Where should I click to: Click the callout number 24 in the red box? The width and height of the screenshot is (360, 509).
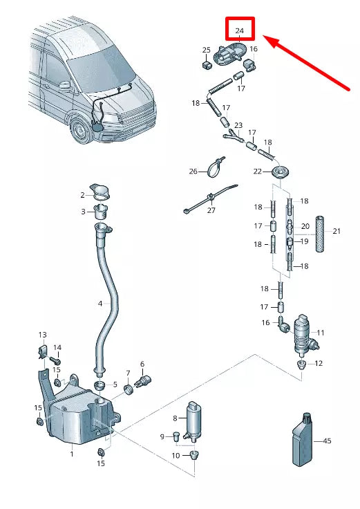240,31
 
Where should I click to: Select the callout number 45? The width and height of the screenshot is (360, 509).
327,440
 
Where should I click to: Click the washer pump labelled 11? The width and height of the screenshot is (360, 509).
302,334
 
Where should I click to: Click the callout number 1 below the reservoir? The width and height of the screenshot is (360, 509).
71,454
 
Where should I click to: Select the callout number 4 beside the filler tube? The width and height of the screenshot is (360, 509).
100,303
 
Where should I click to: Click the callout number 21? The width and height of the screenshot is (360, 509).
337,231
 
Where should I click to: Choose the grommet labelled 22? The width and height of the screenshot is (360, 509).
281,173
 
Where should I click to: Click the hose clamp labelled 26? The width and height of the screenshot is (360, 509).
217,166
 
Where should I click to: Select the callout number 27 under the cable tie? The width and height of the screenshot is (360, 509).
211,210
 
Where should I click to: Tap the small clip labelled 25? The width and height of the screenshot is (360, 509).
207,65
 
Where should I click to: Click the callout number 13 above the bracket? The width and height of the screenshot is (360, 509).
42,335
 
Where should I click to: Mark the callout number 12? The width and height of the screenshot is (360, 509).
319,363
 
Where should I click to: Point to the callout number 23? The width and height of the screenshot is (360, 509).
238,125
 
